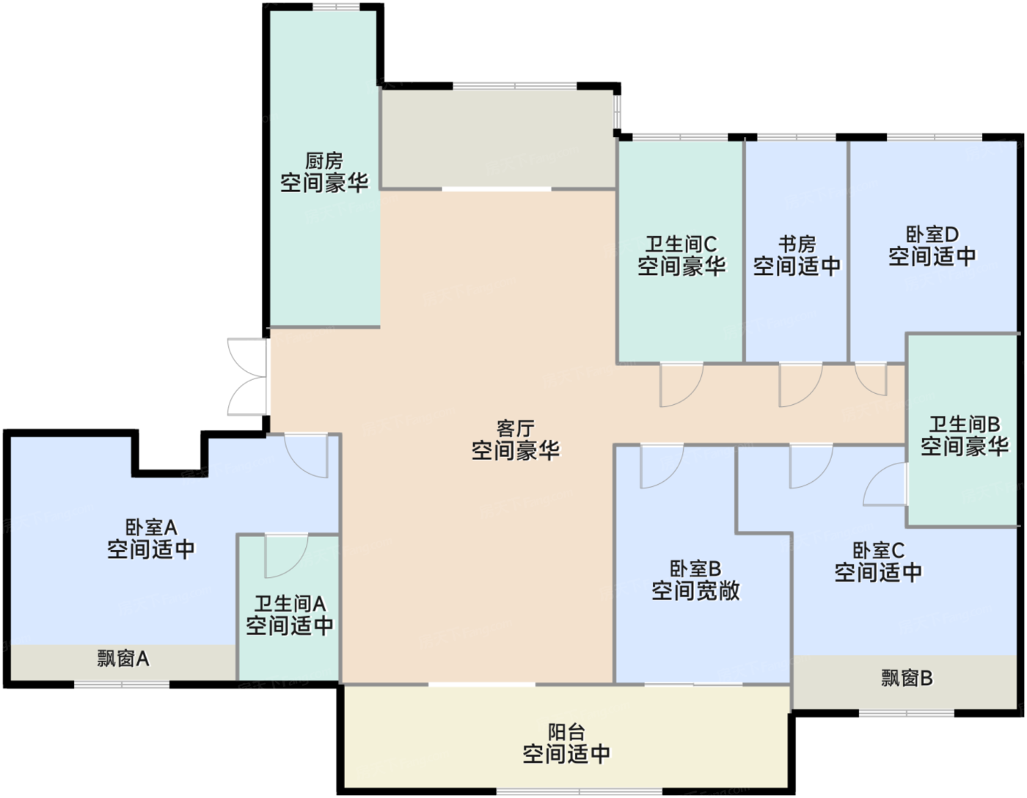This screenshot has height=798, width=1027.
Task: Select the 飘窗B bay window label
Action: pyautogui.click(x=907, y=678)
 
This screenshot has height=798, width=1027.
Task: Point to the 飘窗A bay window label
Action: pyautogui.click(x=123, y=658)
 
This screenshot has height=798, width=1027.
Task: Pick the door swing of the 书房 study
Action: pyautogui.click(x=799, y=384)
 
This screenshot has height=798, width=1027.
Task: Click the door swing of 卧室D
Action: pyautogui.click(x=872, y=378)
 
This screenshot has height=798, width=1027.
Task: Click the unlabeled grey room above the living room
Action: pyautogui.click(x=497, y=138)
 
